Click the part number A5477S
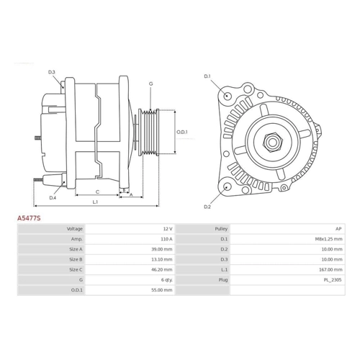click(x=29, y=218)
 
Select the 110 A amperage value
click(x=166, y=239)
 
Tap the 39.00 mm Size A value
click(x=162, y=249)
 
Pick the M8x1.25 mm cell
click(x=328, y=239)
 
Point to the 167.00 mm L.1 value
click(x=330, y=269)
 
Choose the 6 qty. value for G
click(x=167, y=280)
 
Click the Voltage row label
click(x=75, y=229)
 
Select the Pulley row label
click(x=221, y=229)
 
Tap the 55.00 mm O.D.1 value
click(x=162, y=290)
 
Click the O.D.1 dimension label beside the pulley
click(x=182, y=132)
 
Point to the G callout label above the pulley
click(x=150, y=84)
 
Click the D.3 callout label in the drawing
click(x=52, y=72)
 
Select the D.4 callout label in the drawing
click(x=53, y=198)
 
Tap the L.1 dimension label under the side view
click(x=95, y=202)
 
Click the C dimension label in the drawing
click(x=97, y=192)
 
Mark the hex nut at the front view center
click(x=273, y=143)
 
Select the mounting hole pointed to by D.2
click(x=227, y=186)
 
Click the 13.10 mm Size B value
click(x=162, y=259)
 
